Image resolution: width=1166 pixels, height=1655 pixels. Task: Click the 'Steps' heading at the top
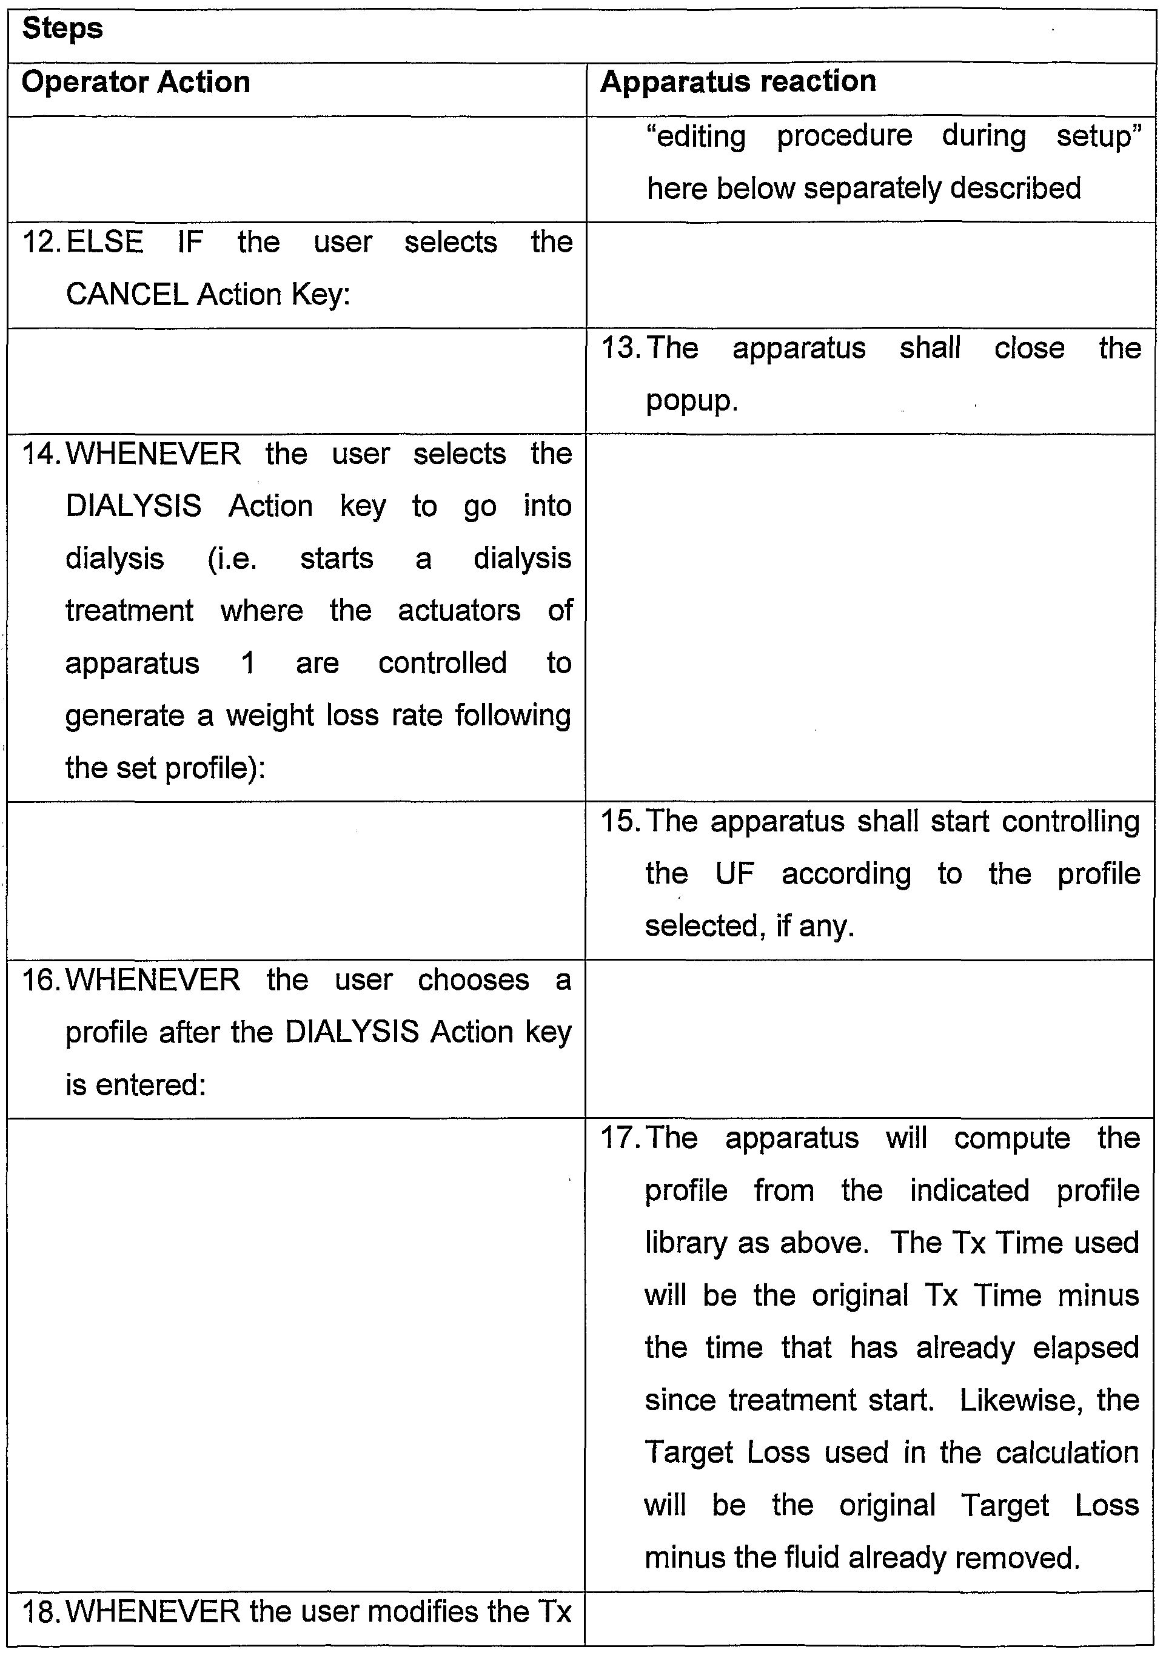pyautogui.click(x=62, y=30)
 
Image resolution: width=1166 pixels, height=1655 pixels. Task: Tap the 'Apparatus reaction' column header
pyautogui.click(x=738, y=81)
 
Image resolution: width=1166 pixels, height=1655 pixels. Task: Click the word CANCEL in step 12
pyautogui.click(x=127, y=295)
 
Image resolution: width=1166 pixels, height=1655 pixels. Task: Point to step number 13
pyautogui.click(x=620, y=348)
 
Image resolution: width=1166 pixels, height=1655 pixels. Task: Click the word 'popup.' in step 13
pyautogui.click(x=691, y=401)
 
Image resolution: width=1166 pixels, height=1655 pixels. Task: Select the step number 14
pyautogui.click(x=41, y=454)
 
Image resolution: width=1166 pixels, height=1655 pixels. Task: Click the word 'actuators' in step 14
pyautogui.click(x=458, y=611)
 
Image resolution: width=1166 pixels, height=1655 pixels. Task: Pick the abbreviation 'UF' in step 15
pyautogui.click(x=734, y=874)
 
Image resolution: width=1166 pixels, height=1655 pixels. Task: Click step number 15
pyautogui.click(x=620, y=821)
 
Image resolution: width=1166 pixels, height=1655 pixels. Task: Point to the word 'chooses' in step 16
pyautogui.click(x=473, y=979)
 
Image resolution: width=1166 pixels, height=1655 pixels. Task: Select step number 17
pyautogui.click(x=620, y=1138)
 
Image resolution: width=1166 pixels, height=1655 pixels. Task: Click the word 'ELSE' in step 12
pyautogui.click(x=104, y=242)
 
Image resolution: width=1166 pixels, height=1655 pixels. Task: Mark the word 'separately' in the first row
pyautogui.click(x=872, y=189)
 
